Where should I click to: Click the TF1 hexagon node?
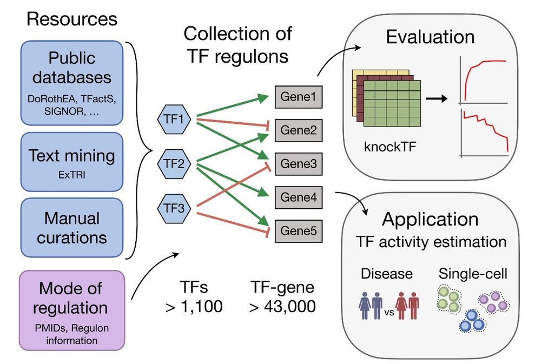[173, 118]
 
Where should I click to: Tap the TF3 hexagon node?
[173, 207]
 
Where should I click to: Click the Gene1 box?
[299, 97]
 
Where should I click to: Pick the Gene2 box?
[299, 130]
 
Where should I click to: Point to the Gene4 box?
[299, 197]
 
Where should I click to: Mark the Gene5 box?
[299, 231]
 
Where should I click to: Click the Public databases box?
[72, 82]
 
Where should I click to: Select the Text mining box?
[72, 162]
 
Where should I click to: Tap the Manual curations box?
[72, 228]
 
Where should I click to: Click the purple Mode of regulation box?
[72, 310]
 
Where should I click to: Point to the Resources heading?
[72, 19]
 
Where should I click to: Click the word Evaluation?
[430, 37]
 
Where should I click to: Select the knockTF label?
[385, 147]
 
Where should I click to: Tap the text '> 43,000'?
[282, 307]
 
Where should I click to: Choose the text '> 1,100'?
[194, 307]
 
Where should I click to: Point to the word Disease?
[386, 274]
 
